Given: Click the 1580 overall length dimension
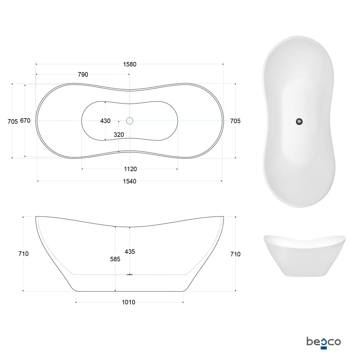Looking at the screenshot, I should (x=130, y=64).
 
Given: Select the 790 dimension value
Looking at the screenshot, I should (x=83, y=75).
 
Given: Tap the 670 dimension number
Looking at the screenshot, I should (x=25, y=121).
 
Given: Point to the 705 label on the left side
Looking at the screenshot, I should (x=13, y=121).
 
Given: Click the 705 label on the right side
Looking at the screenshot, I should (x=235, y=121).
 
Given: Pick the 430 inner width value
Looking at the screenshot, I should (x=105, y=121).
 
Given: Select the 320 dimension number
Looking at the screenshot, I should (x=118, y=135).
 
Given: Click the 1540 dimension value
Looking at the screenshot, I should (x=130, y=181).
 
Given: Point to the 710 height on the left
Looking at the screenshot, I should (x=23, y=254).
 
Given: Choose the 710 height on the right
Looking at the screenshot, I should (x=235, y=254).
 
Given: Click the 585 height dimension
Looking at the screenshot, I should (x=115, y=259).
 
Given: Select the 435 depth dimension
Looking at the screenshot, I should (x=130, y=252).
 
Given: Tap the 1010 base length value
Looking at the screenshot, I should (x=129, y=302).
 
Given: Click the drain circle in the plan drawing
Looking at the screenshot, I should (x=130, y=121).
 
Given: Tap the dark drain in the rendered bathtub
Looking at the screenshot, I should (x=299, y=122).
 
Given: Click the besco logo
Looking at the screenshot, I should (x=323, y=341).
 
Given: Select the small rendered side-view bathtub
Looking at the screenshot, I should (x=299, y=255).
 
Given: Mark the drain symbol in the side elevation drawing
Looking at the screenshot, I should (x=130, y=274).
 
